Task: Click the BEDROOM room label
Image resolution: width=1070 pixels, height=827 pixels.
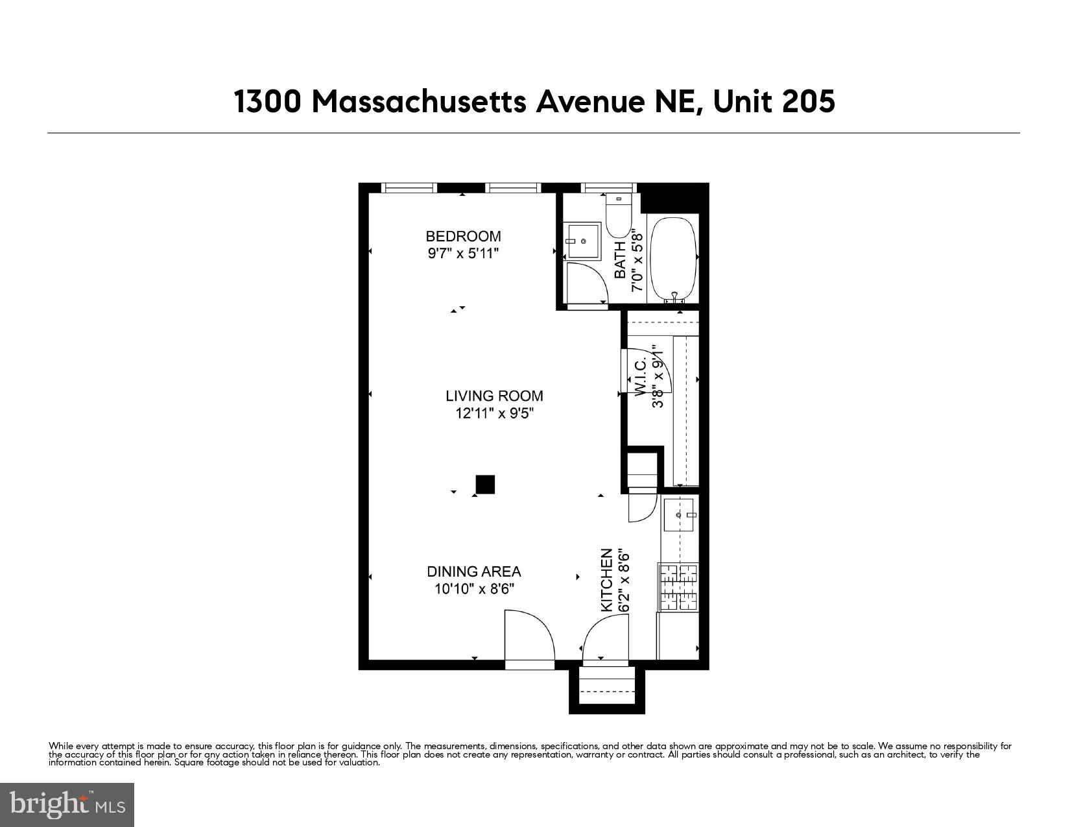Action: [x=463, y=236]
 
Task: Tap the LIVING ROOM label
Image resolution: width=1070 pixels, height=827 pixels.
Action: [x=494, y=396]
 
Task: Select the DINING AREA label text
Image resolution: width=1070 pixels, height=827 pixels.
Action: [x=473, y=571]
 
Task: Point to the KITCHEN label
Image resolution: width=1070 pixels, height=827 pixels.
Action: [x=607, y=580]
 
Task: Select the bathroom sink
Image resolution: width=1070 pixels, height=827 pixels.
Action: [x=582, y=241]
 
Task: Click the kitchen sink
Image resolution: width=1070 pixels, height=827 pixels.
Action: [x=679, y=515]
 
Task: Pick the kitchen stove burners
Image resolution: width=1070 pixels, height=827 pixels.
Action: [x=679, y=588]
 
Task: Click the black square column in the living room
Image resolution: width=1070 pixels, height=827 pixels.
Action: [x=485, y=485]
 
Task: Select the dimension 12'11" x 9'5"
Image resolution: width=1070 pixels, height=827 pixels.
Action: [x=494, y=413]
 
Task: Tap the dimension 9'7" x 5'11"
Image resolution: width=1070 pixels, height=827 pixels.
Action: [x=463, y=254]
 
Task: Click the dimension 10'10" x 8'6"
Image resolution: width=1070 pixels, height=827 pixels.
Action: [x=473, y=589]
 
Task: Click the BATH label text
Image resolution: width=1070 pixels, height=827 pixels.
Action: [x=621, y=259]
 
